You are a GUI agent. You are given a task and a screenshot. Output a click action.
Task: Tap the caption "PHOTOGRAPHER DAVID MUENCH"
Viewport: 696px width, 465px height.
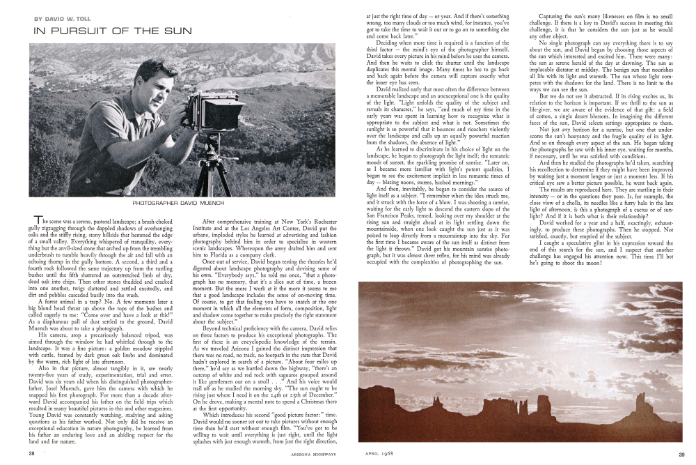[187, 203]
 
